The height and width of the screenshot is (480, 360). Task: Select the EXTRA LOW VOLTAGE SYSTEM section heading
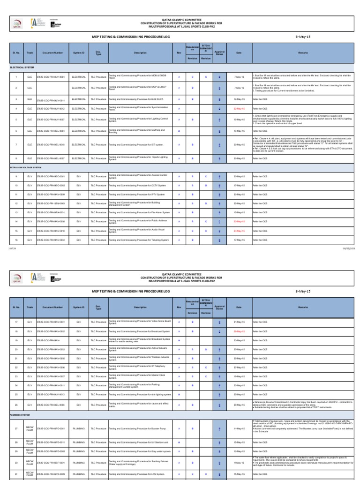tap(26, 167)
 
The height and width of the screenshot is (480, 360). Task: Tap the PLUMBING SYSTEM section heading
tap(21, 415)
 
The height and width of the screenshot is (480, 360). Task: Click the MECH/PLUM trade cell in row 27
tap(30, 429)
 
